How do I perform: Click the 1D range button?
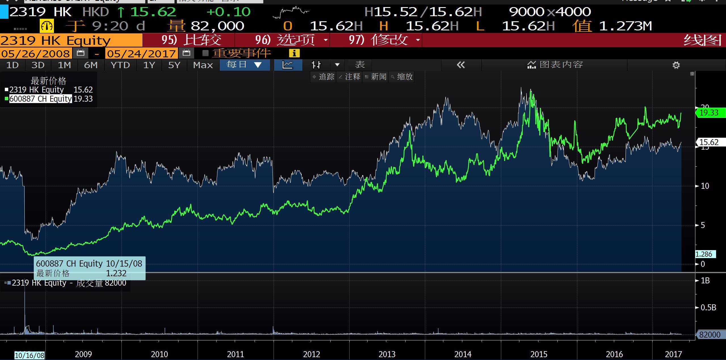12,65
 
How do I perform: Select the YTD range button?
120,65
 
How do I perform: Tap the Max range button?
203,65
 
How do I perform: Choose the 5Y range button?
174,65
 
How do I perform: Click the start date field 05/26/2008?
36,53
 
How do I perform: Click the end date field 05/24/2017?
141,53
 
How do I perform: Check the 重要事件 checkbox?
205,53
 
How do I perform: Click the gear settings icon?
676,65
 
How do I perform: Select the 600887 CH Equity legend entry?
40,99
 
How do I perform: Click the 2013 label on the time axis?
387,354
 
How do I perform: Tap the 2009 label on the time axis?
83,354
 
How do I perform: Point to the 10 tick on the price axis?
705,186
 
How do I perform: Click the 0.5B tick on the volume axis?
708,307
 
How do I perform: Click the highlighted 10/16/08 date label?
30,355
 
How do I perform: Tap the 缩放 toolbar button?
402,77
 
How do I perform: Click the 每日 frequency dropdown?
244,65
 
